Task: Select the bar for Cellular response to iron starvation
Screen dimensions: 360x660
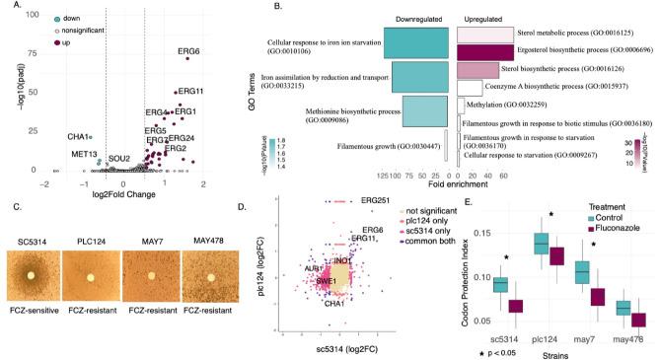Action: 417,45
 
